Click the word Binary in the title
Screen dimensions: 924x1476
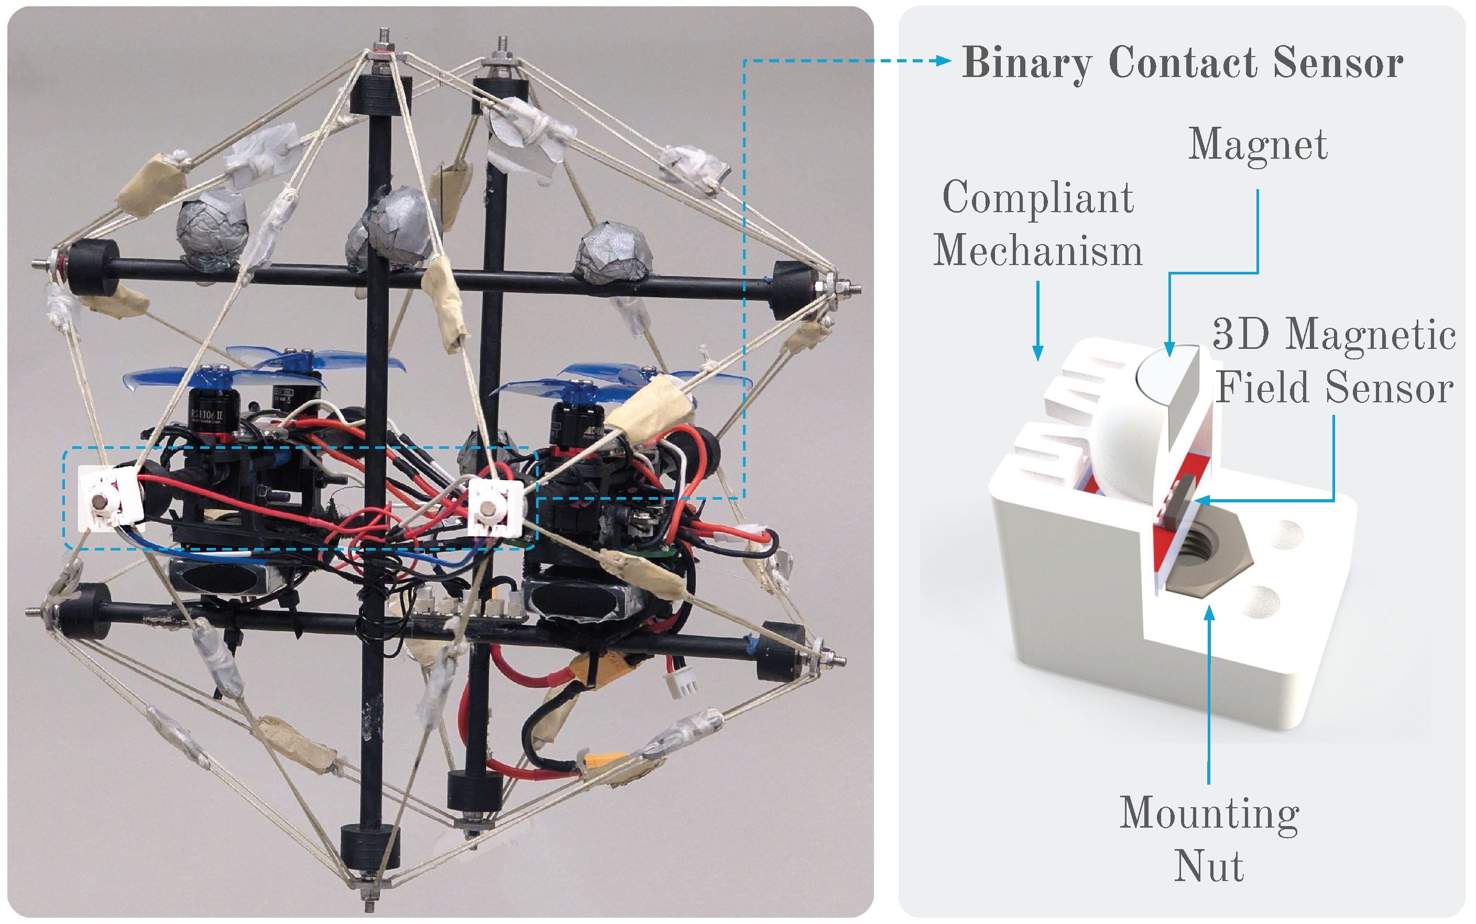coord(1027,63)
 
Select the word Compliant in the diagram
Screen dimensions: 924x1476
coord(1038,197)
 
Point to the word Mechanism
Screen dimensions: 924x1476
coord(1038,250)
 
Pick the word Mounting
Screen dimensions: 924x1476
coord(1209,813)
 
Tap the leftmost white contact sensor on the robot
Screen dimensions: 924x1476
coord(109,498)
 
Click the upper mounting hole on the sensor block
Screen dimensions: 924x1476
coord(1285,533)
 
